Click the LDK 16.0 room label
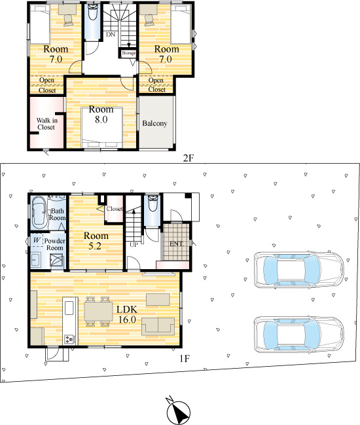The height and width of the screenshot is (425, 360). (126, 314)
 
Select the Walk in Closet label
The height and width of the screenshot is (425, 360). (45, 123)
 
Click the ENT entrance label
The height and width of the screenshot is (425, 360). (176, 244)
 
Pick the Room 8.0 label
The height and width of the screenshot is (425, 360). (101, 115)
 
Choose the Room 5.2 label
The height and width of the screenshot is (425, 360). (95, 240)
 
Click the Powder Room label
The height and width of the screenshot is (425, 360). (54, 244)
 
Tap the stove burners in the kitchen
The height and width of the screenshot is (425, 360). (69, 339)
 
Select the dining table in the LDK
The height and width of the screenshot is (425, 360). (99, 310)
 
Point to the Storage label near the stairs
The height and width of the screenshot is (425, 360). (128, 52)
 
